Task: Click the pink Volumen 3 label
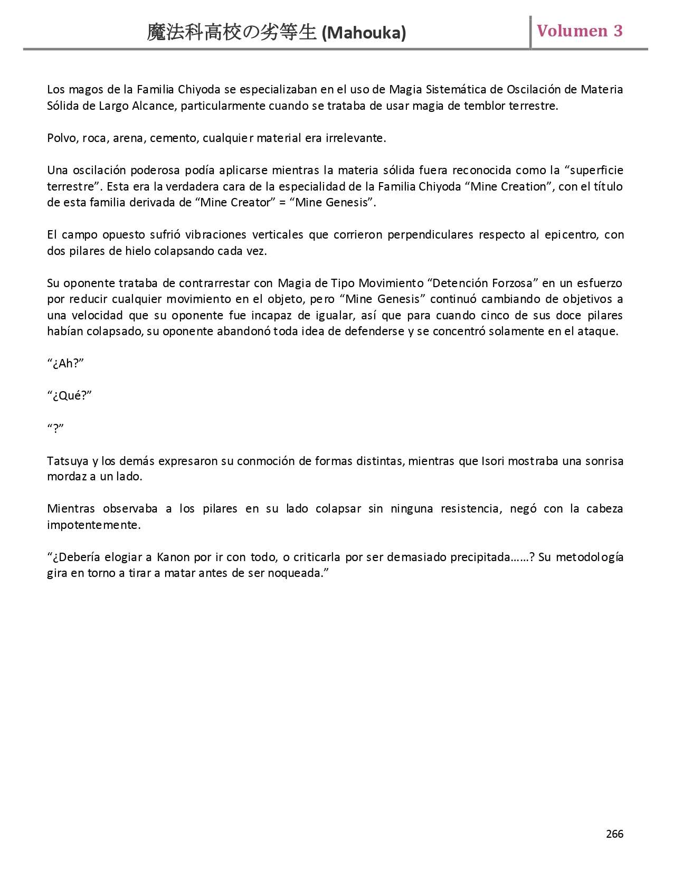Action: click(x=580, y=31)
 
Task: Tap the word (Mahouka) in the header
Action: click(x=364, y=33)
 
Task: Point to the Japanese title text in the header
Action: click(x=232, y=33)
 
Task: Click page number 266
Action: click(x=614, y=834)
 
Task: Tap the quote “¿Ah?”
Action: click(x=66, y=364)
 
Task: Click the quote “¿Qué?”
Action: click(x=70, y=396)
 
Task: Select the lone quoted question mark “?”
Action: click(x=55, y=429)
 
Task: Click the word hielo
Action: click(x=138, y=251)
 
